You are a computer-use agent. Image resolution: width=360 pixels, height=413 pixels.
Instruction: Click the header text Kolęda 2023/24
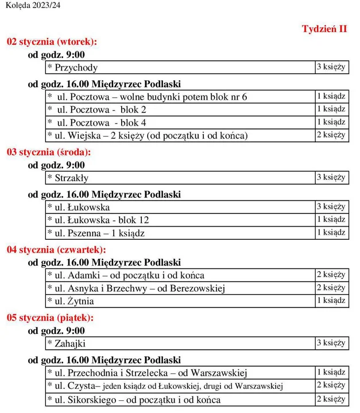(x=33, y=5)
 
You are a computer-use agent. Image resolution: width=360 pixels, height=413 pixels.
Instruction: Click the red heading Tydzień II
(x=324, y=29)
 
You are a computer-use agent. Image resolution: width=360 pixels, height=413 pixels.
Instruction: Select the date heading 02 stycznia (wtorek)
(x=52, y=42)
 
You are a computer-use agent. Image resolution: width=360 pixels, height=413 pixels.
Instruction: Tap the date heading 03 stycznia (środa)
(x=49, y=153)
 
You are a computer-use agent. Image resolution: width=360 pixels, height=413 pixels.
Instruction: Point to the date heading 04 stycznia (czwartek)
(x=56, y=250)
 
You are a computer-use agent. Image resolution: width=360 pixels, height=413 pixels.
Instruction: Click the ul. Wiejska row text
(x=148, y=136)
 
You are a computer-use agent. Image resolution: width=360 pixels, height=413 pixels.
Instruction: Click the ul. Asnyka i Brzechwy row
(x=136, y=288)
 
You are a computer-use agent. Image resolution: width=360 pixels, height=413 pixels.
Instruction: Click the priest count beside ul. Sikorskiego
(x=331, y=399)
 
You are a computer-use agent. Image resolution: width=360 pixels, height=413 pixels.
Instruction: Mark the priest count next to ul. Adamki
(x=331, y=275)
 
